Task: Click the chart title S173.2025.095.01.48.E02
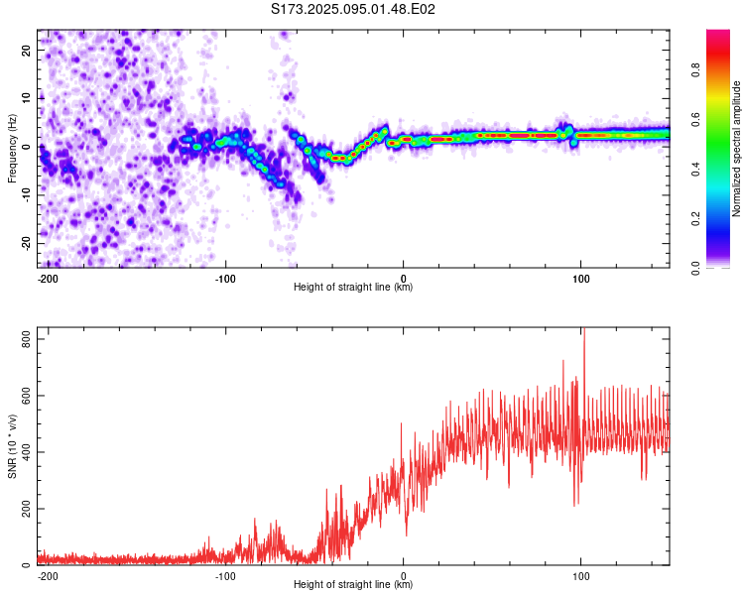353,9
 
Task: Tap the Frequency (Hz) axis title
12,149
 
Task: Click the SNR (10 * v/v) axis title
12,446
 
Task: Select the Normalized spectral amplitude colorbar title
736,149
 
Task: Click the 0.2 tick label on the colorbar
695,218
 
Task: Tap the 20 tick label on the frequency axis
27,51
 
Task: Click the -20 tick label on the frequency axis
27,244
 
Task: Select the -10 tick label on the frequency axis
27,195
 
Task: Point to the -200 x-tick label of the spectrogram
48,279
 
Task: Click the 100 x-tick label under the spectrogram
580,279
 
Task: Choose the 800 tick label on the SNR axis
27,339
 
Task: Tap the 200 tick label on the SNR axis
27,509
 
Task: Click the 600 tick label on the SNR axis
27,396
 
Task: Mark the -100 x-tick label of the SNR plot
225,576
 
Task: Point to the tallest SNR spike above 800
584,329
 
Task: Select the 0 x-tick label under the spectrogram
404,279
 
